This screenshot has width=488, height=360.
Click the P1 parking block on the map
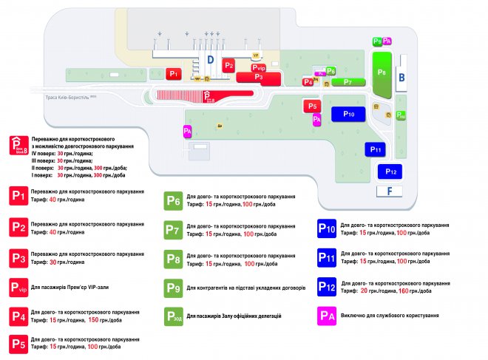[x=173, y=73]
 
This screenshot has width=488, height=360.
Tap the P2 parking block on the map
[x=229, y=66]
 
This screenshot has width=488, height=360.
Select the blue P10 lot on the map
[x=349, y=115]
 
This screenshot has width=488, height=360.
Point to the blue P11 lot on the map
[x=375, y=149]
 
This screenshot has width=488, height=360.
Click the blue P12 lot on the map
[x=391, y=171]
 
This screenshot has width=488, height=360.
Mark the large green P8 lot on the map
[x=382, y=72]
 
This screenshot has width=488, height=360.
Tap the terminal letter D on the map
[x=210, y=58]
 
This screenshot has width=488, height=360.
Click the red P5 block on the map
[x=312, y=106]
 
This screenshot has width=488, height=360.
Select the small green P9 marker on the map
[x=377, y=41]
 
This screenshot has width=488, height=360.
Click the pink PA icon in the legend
[x=328, y=315]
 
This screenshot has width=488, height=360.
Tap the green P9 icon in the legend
[x=173, y=288]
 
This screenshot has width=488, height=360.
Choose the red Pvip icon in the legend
[x=19, y=288]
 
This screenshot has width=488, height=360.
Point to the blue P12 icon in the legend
[x=328, y=286]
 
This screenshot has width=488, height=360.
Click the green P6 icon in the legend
[x=173, y=200]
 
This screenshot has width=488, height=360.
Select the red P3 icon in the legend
[x=19, y=258]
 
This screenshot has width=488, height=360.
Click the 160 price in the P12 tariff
[x=404, y=291]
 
